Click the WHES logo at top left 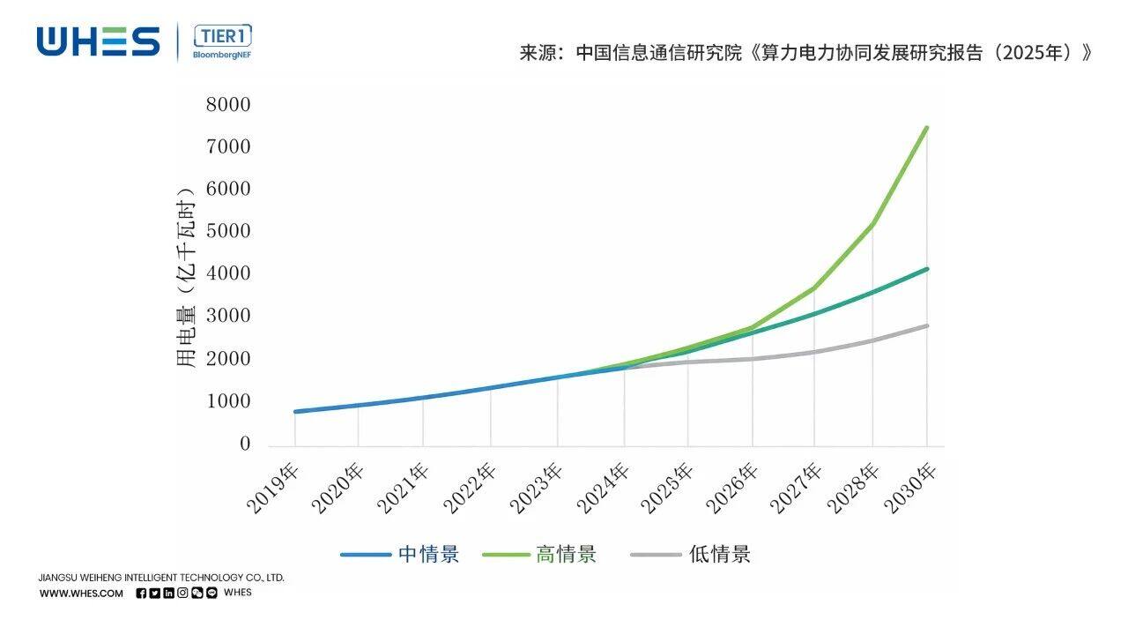click(98, 41)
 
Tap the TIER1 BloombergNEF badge click(221, 42)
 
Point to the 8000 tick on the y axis click(228, 105)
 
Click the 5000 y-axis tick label click(228, 232)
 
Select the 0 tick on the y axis click(245, 444)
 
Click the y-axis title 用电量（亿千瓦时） click(185, 277)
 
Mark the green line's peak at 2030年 click(927, 128)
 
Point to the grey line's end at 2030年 click(927, 326)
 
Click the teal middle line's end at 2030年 click(927, 269)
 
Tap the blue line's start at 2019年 click(295, 412)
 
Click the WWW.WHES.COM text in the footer click(81, 594)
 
